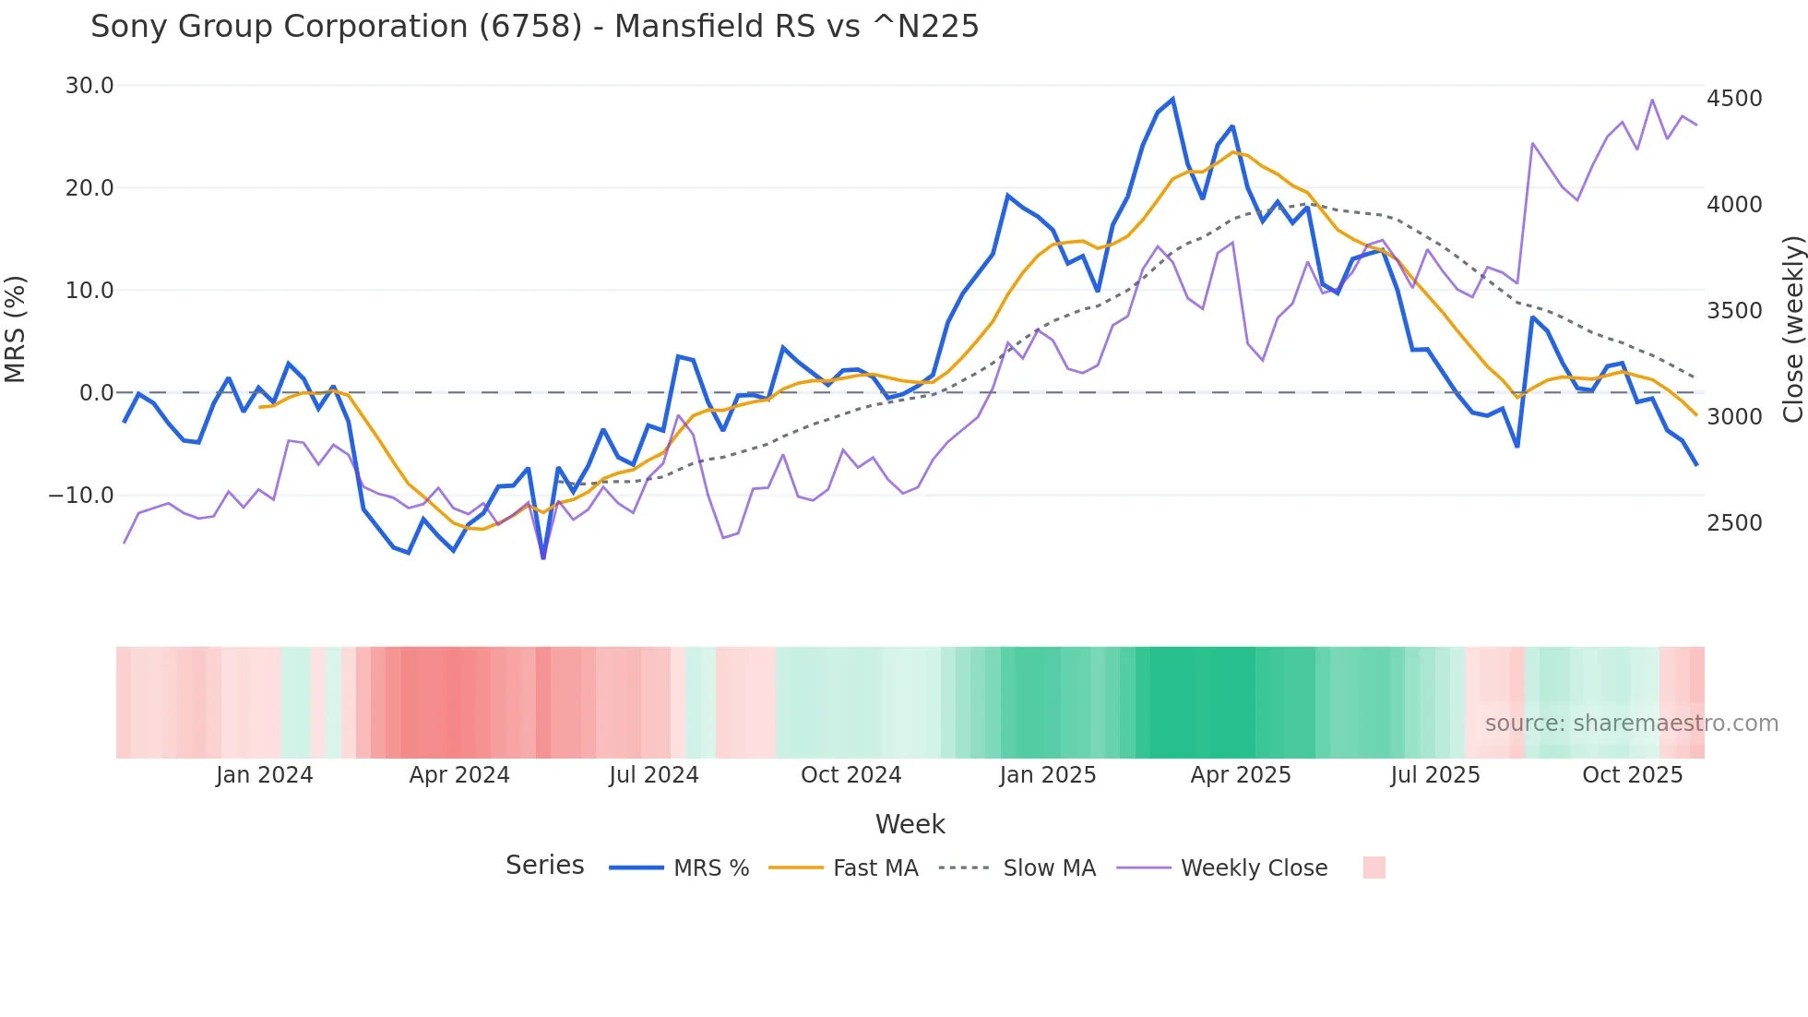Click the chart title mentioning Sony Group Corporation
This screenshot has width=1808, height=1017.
[x=534, y=27]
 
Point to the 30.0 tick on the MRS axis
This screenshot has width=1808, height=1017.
[x=89, y=86]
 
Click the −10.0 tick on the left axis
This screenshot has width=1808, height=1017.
[x=81, y=496]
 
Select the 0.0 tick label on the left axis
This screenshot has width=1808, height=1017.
[x=97, y=393]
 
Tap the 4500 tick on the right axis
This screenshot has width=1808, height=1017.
[x=1734, y=99]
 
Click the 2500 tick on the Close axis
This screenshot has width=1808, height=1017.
[x=1734, y=523]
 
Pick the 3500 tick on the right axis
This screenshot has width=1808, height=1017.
[x=1734, y=311]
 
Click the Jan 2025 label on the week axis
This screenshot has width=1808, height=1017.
[x=1047, y=775]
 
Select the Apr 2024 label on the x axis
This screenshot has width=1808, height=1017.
[x=459, y=775]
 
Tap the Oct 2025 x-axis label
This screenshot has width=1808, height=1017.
[x=1632, y=775]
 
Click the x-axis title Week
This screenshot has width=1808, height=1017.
[x=910, y=824]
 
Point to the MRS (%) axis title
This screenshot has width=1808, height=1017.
[x=16, y=329]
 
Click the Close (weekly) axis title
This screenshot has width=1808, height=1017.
[x=1792, y=329]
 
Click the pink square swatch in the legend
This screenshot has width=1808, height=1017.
[x=1374, y=867]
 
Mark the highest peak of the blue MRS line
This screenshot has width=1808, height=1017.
[x=1172, y=100]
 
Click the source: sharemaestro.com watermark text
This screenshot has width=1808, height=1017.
[x=1631, y=724]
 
